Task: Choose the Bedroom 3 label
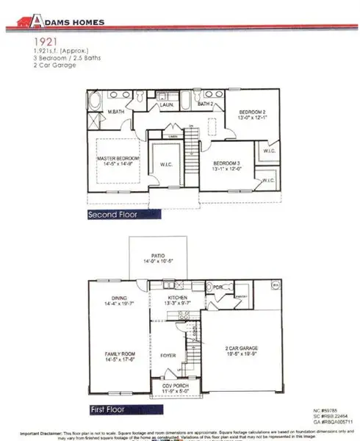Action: (226, 165)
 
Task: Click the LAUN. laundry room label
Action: (167, 106)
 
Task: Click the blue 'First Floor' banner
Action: (109, 409)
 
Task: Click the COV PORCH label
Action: (174, 390)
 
